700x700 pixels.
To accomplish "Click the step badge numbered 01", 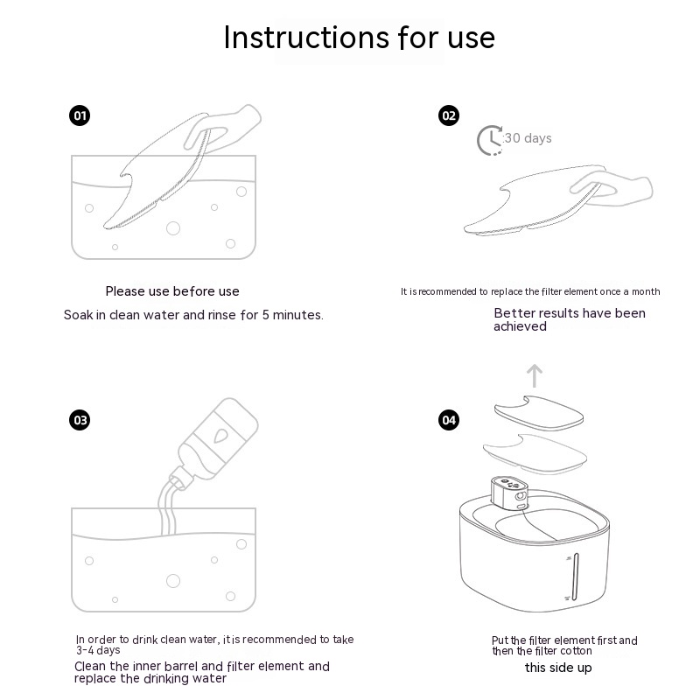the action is pyautogui.click(x=80, y=115).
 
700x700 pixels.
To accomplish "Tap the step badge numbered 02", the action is pyautogui.click(x=449, y=115).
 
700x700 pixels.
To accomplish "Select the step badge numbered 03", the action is pyautogui.click(x=80, y=420).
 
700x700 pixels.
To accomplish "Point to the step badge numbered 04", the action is pyautogui.click(x=449, y=420).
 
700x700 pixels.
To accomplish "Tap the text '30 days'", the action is pyautogui.click(x=528, y=138).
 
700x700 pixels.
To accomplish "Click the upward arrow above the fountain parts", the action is pyautogui.click(x=535, y=376).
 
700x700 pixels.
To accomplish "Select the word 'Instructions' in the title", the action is pyautogui.click(x=306, y=37).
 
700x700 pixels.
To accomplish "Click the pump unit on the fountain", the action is pyautogui.click(x=510, y=493).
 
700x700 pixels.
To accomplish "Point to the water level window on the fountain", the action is pyautogui.click(x=576, y=577).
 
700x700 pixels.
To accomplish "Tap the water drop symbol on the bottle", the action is pyautogui.click(x=220, y=435).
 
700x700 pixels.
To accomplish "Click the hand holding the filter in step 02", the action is pyautogui.click(x=612, y=189).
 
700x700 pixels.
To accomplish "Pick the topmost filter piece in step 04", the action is pyautogui.click(x=539, y=413).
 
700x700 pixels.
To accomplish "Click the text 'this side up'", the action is pyautogui.click(x=558, y=668).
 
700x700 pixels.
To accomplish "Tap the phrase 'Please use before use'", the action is pyautogui.click(x=172, y=291).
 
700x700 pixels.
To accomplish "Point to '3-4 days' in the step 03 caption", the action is pyautogui.click(x=98, y=650).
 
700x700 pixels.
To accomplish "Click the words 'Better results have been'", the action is pyautogui.click(x=570, y=313).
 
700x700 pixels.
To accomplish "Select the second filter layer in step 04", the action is pyautogui.click(x=535, y=453).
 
